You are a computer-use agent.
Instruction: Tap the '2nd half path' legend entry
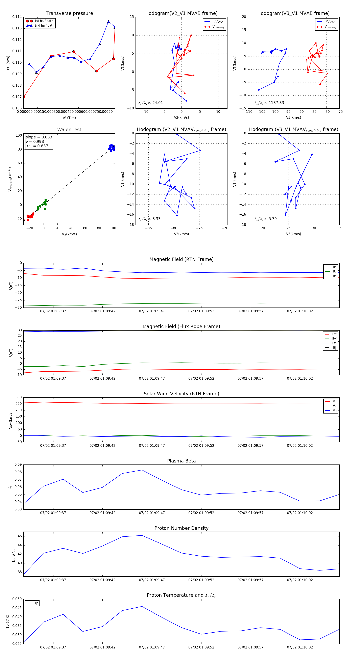pyautogui.click(x=44, y=26)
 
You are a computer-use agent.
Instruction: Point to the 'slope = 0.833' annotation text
pyautogui.click(x=39, y=137)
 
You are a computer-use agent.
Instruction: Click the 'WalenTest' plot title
pyautogui.click(x=69, y=130)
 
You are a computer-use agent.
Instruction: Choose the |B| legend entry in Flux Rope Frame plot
pyautogui.click(x=334, y=348)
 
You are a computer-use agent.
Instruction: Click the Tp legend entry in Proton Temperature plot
pyautogui.click(x=36, y=603)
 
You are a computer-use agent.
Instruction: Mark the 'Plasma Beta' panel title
pyautogui.click(x=181, y=461)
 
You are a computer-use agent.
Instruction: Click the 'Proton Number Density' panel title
pyautogui.click(x=181, y=528)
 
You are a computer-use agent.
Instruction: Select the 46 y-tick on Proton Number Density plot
pyautogui.click(x=20, y=536)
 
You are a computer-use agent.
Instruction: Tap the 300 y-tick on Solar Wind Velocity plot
pyautogui.click(x=19, y=397)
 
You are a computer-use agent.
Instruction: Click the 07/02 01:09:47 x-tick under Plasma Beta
pyautogui.click(x=152, y=513)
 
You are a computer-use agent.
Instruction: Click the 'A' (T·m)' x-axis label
pyautogui.click(x=69, y=118)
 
